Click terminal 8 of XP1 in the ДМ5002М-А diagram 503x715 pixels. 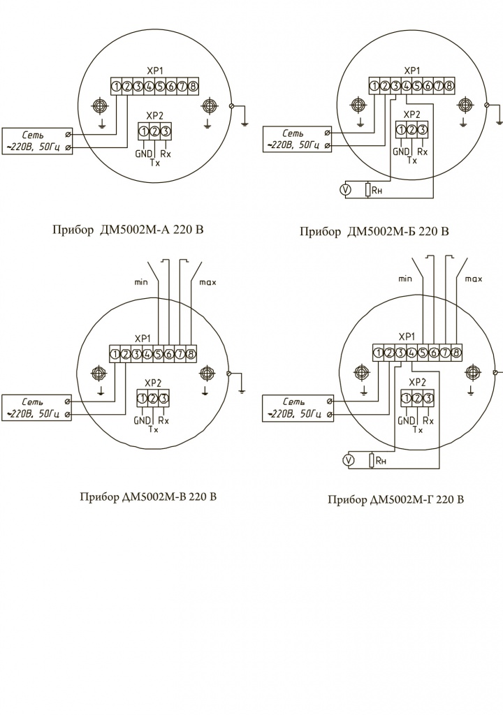pyautogui.click(x=193, y=86)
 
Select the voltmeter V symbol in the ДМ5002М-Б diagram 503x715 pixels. pyautogui.click(x=346, y=190)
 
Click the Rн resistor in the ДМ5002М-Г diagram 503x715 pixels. pyautogui.click(x=372, y=461)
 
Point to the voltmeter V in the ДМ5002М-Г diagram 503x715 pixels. pyautogui.click(x=349, y=461)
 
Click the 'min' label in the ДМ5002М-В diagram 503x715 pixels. pyautogui.click(x=141, y=282)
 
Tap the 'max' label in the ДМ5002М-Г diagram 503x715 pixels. pyautogui.click(x=474, y=279)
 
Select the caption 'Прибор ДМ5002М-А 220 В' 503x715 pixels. pyautogui.click(x=129, y=229)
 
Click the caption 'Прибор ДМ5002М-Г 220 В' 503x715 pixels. pyautogui.click(x=395, y=499)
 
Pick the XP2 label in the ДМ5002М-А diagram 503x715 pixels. pyautogui.click(x=154, y=115)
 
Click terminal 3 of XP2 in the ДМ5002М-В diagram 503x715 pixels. pyautogui.click(x=164, y=399)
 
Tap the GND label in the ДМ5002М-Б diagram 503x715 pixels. pyautogui.click(x=401, y=152)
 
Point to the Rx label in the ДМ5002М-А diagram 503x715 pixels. pyautogui.click(x=166, y=154)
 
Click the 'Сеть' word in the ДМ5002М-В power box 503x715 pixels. pyautogui.click(x=32, y=401)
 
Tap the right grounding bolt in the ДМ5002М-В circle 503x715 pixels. pyautogui.click(x=206, y=374)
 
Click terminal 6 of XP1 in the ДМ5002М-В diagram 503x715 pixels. pyautogui.click(x=169, y=354)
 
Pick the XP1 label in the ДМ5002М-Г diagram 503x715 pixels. pyautogui.click(x=407, y=337)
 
